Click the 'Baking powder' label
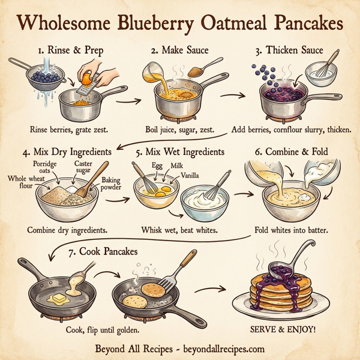(110, 183)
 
